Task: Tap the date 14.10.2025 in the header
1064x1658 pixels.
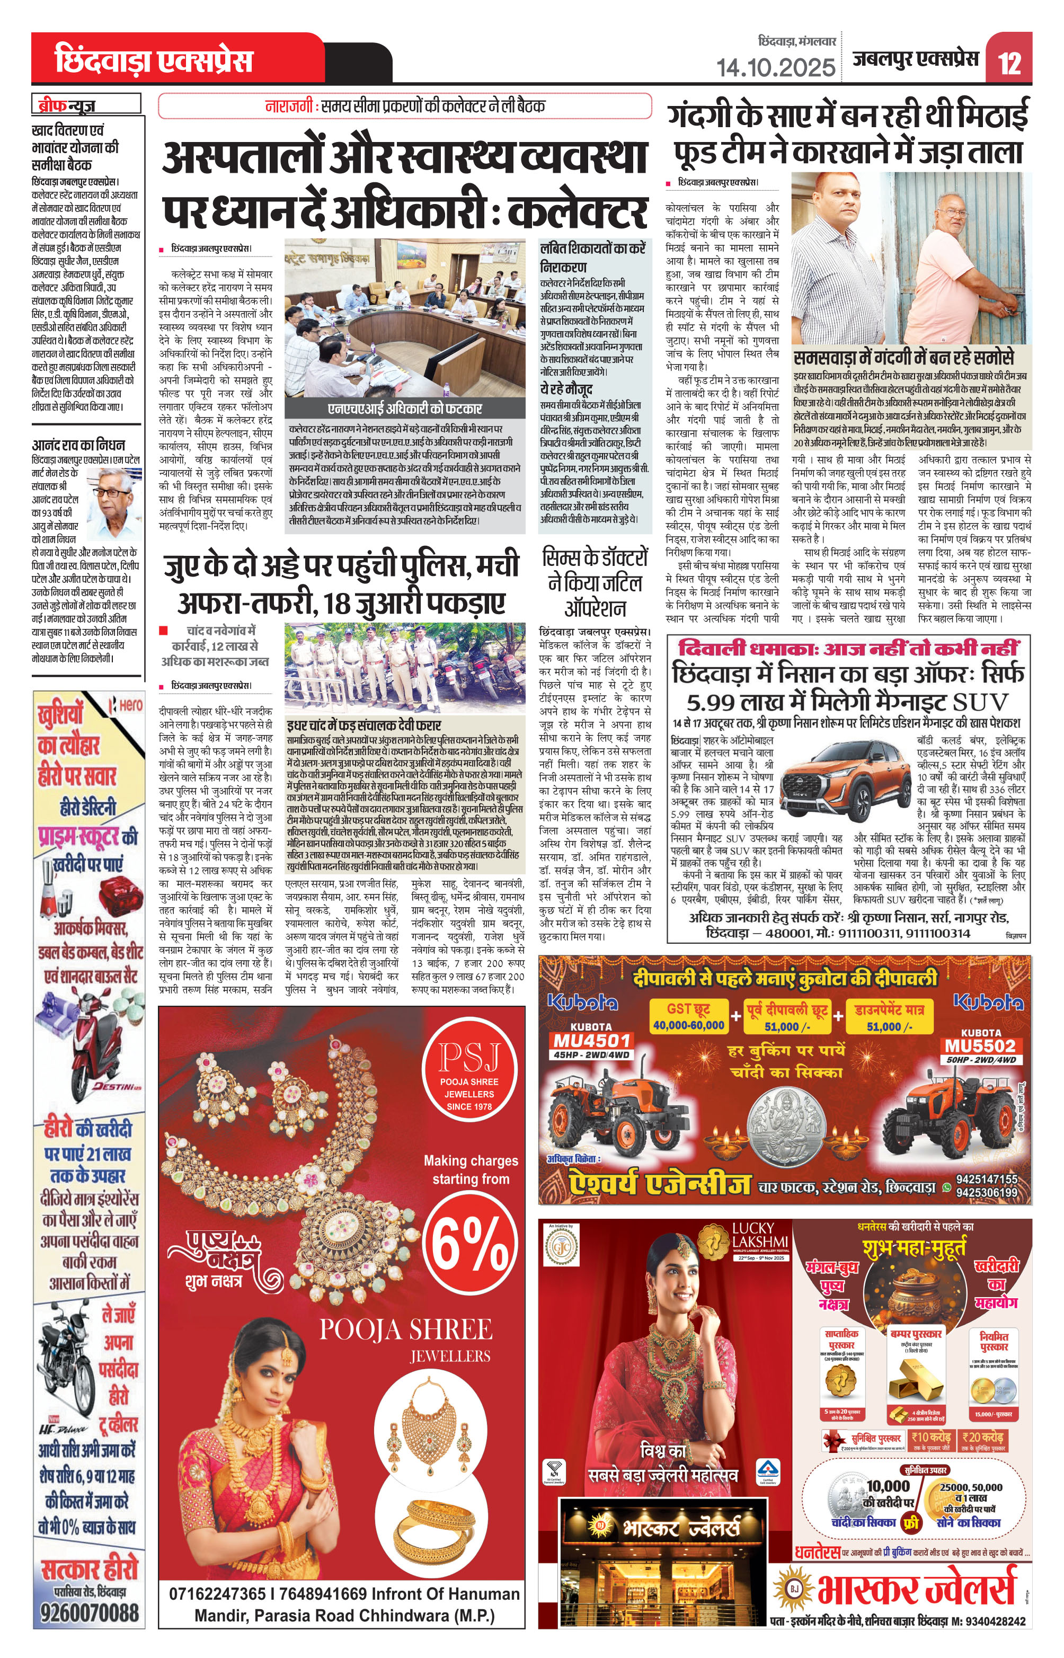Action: [775, 67]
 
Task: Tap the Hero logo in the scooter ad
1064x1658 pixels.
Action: [127, 705]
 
